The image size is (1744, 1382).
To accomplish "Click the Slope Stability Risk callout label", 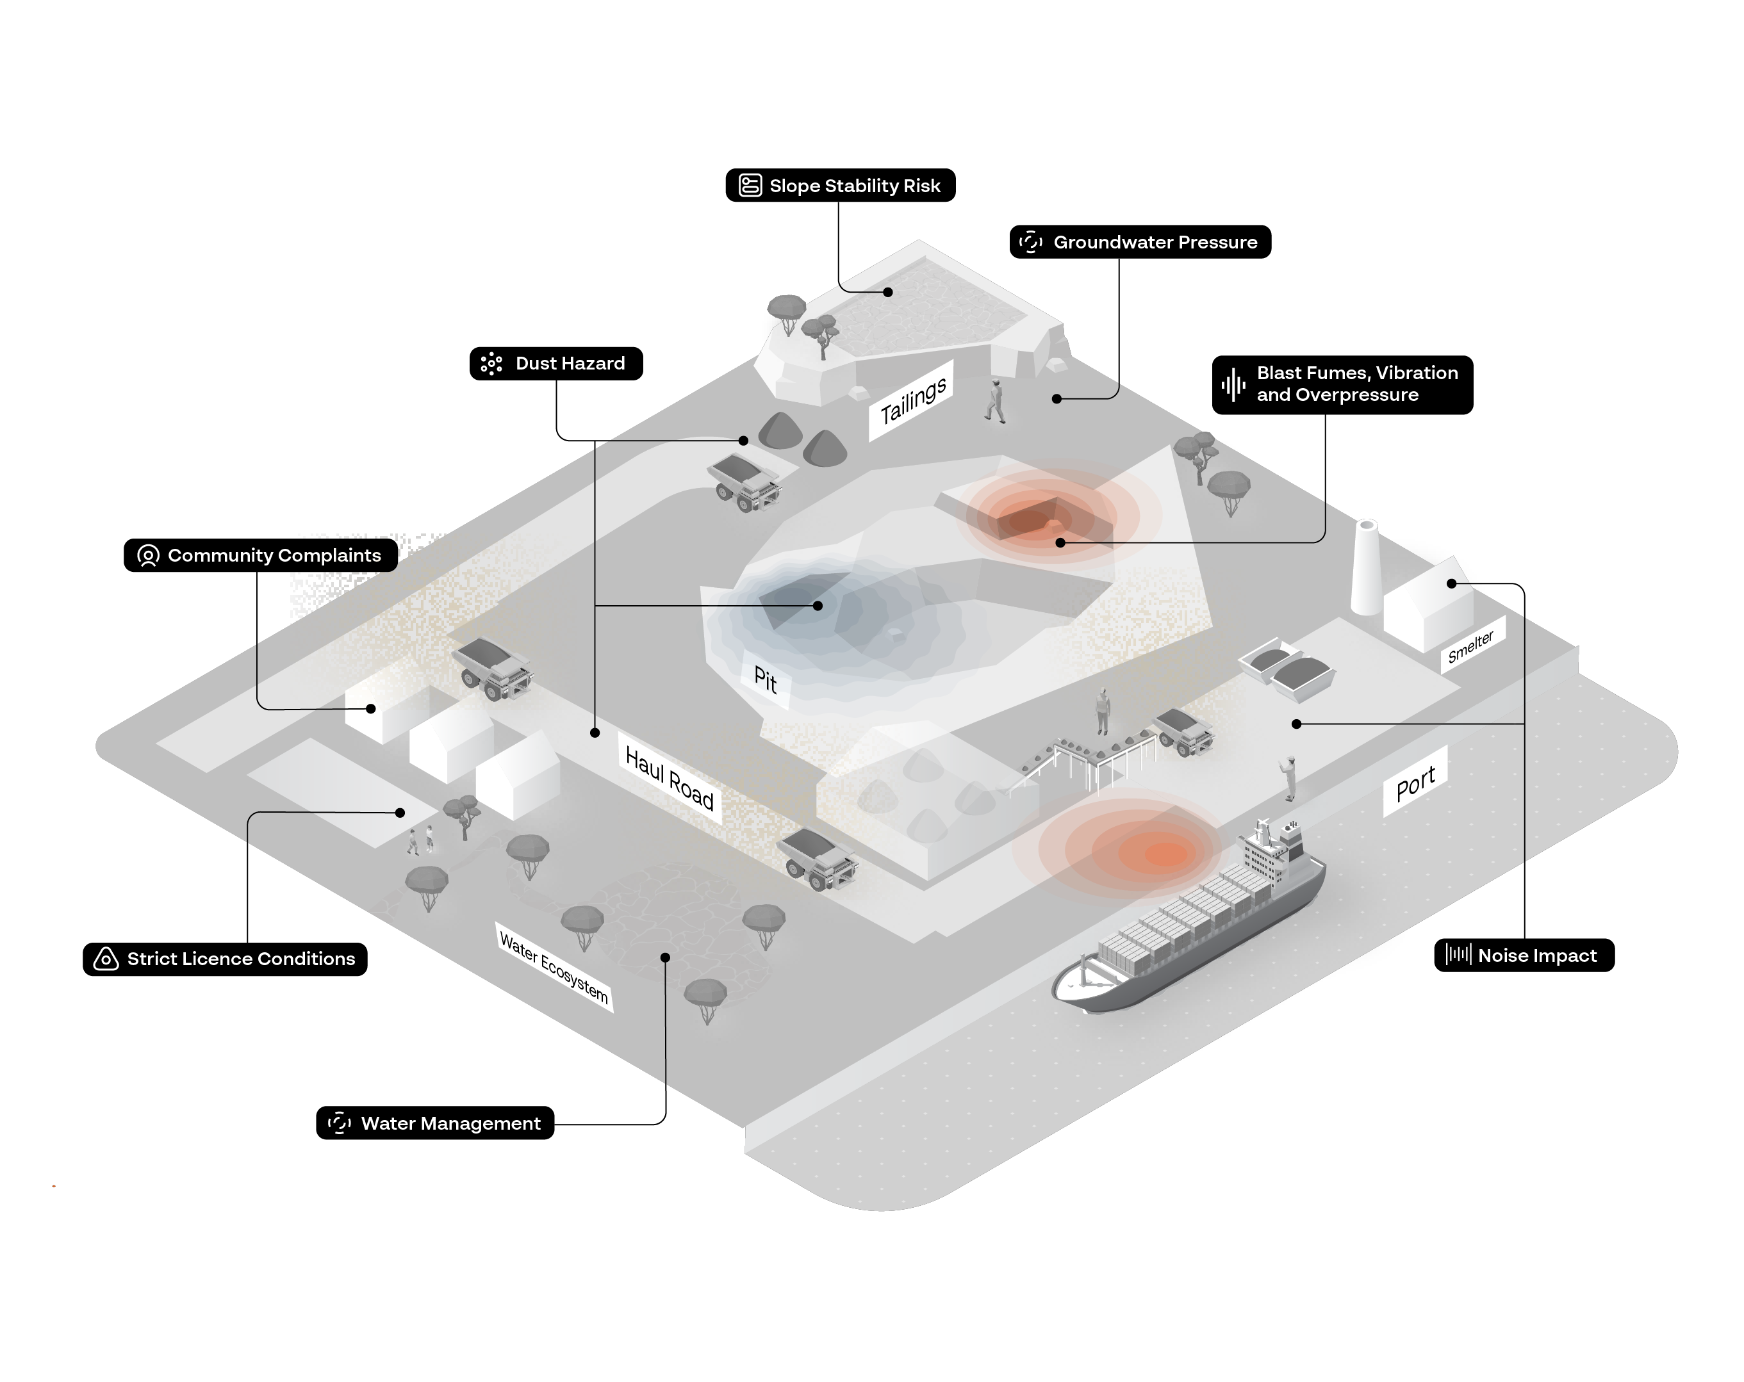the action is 841,185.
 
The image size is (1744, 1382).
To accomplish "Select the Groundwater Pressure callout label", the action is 1140,242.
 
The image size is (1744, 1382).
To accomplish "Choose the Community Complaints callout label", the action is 261,555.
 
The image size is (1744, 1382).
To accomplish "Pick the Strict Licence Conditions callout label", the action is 225,959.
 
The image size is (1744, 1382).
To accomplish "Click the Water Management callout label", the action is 435,1123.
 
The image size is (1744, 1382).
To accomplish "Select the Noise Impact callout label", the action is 1524,955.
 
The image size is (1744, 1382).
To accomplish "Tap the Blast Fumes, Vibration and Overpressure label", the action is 1343,385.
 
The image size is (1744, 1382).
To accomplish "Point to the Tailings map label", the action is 912,401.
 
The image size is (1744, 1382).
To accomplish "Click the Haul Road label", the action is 670,778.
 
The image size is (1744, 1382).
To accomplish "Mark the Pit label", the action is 765,679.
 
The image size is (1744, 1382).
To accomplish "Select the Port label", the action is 1415,782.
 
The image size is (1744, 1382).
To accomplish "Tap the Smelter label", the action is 1470,647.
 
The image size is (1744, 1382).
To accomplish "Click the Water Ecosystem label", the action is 554,966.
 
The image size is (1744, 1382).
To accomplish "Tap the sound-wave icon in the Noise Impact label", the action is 1458,955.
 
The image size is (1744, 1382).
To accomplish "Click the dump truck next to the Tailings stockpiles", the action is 745,484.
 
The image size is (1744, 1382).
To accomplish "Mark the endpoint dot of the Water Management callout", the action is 665,957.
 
